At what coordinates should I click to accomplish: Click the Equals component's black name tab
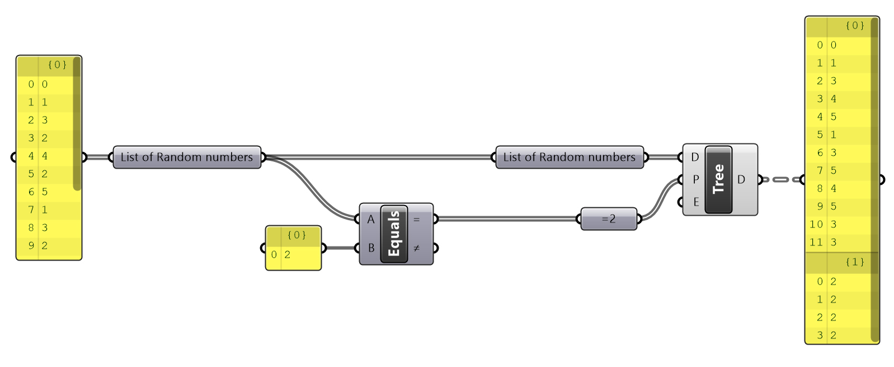[x=394, y=234]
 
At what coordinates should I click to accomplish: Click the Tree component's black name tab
[x=718, y=179]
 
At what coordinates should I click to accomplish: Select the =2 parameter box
[x=609, y=219]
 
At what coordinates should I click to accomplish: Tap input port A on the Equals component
[x=370, y=220]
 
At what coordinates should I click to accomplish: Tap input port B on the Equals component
[x=370, y=248]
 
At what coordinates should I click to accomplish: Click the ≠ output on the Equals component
[x=417, y=248]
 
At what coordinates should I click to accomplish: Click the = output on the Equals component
[x=417, y=220]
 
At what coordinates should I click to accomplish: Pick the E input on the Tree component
[x=695, y=202]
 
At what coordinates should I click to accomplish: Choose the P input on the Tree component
[x=695, y=179]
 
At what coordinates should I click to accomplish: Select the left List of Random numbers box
[x=187, y=157]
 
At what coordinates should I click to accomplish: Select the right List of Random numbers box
[x=570, y=157]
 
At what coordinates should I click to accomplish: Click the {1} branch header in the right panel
[x=854, y=262]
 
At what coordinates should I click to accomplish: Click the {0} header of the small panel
[x=296, y=235]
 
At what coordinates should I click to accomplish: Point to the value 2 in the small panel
[x=288, y=254]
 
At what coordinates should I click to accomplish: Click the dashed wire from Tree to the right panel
[x=782, y=179]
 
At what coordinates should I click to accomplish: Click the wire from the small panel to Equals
[x=340, y=248]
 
